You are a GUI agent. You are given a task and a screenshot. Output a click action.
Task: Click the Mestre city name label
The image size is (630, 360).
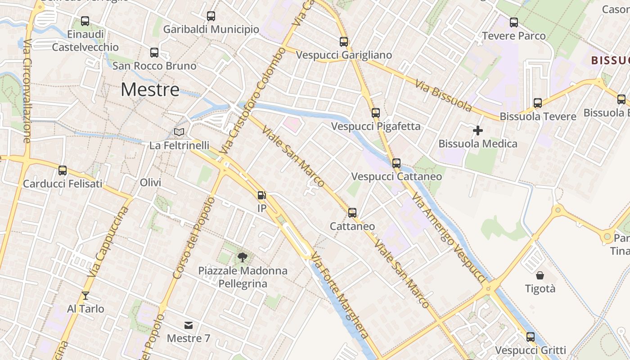point(150,90)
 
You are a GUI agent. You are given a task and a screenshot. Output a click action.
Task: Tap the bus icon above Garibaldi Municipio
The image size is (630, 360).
point(211,16)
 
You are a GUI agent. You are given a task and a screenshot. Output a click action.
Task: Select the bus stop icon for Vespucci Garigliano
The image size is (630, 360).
point(344,42)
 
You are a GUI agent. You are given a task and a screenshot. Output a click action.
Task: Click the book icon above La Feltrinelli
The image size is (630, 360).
point(179,132)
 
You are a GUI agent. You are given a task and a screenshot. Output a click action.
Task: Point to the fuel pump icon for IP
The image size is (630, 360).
point(261,195)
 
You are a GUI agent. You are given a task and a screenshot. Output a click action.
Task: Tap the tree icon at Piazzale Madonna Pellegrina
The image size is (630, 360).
point(243,257)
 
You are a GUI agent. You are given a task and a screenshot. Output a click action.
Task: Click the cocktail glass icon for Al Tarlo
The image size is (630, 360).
point(85,296)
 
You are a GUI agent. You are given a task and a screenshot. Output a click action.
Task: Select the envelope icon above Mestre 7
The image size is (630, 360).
point(189,325)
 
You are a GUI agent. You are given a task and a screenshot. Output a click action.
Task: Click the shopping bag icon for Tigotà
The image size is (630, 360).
point(540,275)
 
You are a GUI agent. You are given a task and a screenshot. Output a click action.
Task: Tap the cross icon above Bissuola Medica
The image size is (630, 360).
point(478,130)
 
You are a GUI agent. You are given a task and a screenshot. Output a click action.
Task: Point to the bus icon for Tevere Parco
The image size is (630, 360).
point(514,22)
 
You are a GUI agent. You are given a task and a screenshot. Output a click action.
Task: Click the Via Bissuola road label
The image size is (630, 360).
point(443,96)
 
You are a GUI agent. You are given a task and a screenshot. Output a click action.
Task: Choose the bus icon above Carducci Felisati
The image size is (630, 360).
point(63,171)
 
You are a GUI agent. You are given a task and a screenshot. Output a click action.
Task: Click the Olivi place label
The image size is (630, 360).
point(150,183)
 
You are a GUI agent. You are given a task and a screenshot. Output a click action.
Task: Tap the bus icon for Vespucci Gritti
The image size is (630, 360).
point(531,337)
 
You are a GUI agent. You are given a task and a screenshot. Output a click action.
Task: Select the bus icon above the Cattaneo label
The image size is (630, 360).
point(352,212)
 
